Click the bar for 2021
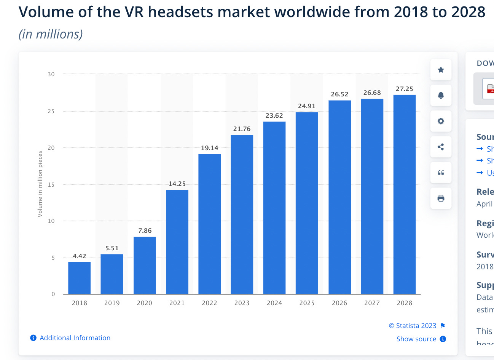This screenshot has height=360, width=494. (177, 242)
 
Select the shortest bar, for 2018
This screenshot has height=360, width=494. (80, 278)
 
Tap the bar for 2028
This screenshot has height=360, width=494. (404, 194)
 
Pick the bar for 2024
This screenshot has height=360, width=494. (274, 208)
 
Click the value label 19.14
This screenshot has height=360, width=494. (210, 148)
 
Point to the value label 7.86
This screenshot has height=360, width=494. (145, 230)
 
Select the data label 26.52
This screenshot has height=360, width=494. (339, 94)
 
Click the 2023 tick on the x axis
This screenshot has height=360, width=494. (242, 303)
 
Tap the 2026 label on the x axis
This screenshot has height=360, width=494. (339, 303)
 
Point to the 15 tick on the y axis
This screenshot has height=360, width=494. (51, 185)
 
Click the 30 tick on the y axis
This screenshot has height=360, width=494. (51, 74)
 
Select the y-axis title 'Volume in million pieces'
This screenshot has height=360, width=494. (40, 184)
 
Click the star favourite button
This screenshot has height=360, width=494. (441, 70)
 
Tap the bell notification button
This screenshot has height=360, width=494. (441, 95)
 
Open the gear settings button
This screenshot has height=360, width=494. (441, 121)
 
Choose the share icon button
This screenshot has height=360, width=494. (441, 147)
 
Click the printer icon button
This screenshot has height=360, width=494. (441, 198)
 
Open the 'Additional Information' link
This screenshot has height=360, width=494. (75, 338)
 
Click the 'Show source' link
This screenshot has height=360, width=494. (416, 339)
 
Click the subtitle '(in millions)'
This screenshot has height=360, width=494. (51, 34)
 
